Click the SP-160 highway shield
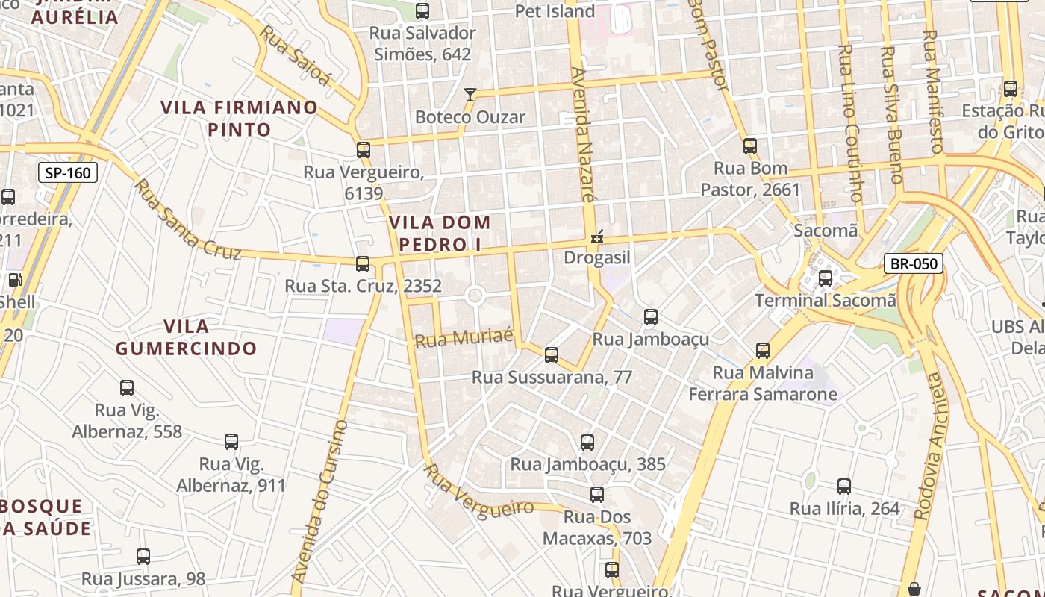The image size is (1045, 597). [x=68, y=173]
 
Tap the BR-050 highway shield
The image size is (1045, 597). [x=914, y=263]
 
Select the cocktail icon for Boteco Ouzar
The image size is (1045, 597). [x=470, y=95]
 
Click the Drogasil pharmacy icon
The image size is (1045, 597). [x=596, y=238]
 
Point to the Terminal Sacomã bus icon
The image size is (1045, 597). [x=825, y=278]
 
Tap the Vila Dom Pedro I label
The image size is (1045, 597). [x=440, y=233]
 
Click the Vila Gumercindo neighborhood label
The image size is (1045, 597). [x=186, y=337]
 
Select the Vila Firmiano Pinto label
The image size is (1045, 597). [x=240, y=118]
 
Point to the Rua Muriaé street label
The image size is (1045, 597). [x=464, y=337]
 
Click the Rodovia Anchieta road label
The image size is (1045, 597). [x=929, y=446]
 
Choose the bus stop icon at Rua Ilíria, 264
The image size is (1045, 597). [x=843, y=487]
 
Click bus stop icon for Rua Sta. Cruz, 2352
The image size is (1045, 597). [x=363, y=263]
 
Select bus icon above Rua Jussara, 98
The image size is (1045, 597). [x=143, y=557]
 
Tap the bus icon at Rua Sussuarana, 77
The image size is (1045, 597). [x=552, y=355]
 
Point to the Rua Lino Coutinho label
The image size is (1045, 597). [x=850, y=123]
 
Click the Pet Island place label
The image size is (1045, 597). [x=555, y=11]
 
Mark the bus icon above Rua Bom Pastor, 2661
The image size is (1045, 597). [x=750, y=146]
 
